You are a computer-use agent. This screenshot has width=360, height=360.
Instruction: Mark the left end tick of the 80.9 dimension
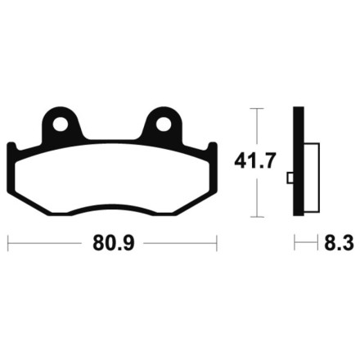[8, 244]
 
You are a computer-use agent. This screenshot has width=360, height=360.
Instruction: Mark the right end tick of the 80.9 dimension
[216, 244]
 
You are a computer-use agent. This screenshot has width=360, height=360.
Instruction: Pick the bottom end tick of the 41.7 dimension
[257, 218]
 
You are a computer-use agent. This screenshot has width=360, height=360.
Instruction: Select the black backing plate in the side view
[299, 164]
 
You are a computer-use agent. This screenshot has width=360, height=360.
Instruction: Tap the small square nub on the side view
[290, 178]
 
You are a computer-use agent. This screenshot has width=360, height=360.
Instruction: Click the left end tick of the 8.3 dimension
[295, 244]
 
